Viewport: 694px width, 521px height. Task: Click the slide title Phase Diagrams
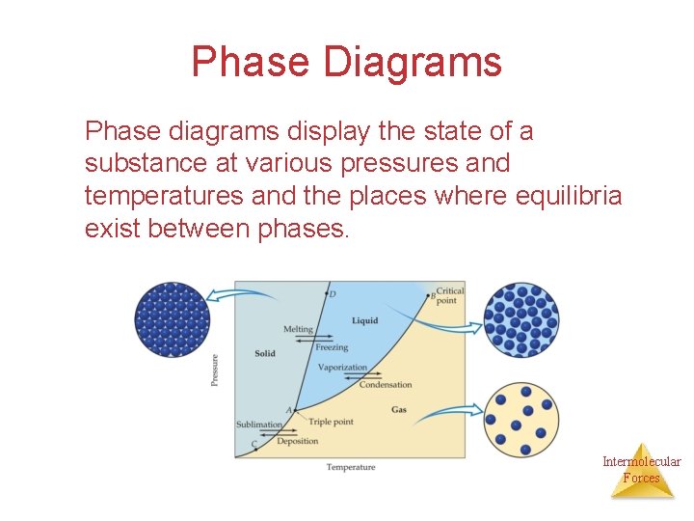[346, 62]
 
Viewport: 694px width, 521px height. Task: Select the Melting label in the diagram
[298, 329]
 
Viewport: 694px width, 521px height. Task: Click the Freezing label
[332, 347]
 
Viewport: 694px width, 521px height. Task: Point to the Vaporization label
[342, 367]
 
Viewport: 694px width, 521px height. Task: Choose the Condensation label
[386, 385]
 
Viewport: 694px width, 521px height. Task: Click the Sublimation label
[259, 425]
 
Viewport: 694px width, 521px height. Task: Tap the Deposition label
[297, 441]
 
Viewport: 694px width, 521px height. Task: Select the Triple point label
[331, 422]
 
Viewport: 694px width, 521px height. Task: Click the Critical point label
[449, 295]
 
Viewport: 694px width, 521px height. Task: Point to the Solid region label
[265, 353]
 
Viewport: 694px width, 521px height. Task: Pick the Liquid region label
[364, 320]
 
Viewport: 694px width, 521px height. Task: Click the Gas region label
[399, 410]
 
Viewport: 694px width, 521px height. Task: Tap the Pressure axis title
[214, 370]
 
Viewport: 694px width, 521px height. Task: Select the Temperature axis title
[351, 468]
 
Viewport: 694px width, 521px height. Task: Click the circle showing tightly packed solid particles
[173, 319]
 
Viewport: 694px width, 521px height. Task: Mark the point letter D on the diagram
[333, 293]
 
